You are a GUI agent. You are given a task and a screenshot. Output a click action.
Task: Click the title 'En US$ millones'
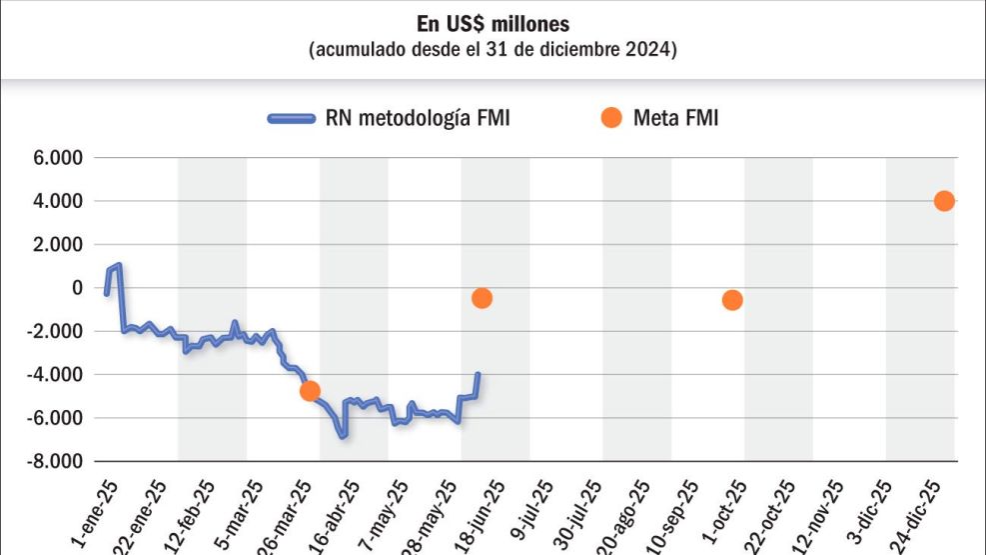coord(493,23)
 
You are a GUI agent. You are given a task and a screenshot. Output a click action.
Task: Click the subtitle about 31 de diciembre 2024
coord(493,49)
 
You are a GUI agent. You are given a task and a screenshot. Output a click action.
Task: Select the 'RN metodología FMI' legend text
coord(418,118)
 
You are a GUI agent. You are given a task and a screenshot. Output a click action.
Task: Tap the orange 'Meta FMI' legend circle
coord(610,118)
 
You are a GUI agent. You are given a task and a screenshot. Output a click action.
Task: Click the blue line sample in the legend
coord(292,118)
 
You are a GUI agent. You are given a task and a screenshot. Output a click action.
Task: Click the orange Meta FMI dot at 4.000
coord(944,201)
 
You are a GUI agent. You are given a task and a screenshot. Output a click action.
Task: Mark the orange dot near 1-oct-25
coord(732,300)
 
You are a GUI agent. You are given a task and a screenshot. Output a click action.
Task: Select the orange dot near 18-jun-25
coord(483,298)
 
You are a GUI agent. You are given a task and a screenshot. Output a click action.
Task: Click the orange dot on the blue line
coord(310,390)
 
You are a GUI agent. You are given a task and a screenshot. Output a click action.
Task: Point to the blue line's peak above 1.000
coord(119,265)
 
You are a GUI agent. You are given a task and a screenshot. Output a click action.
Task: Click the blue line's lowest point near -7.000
coord(343,436)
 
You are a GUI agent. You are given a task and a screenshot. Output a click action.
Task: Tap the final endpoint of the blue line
coord(479,374)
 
